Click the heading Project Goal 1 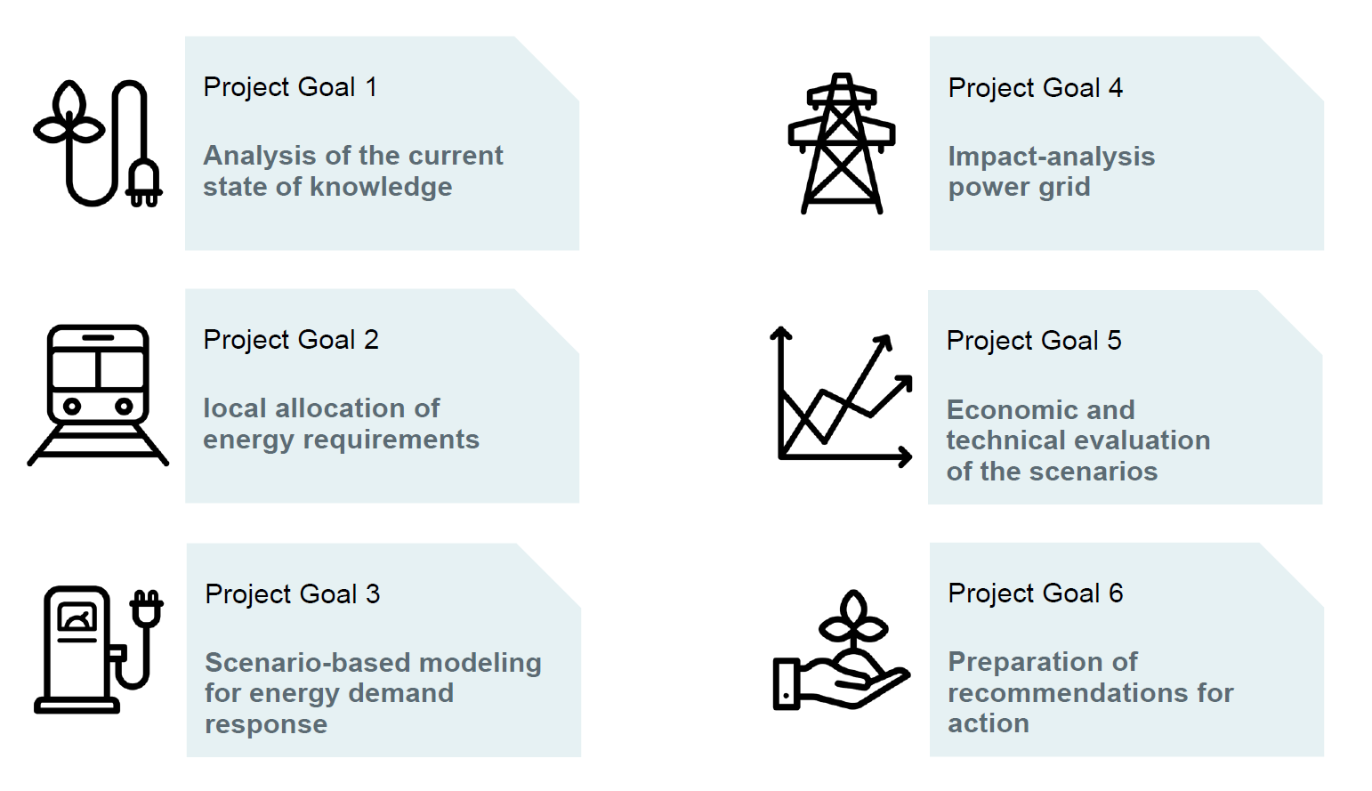coord(290,87)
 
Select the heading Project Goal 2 coord(291,339)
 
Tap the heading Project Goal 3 coord(292,593)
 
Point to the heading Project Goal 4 coord(1035,87)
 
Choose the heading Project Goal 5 coord(1034,341)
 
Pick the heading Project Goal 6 coord(1035,593)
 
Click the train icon coord(98,395)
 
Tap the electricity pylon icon coord(842,143)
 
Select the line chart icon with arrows coord(841,397)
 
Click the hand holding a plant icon coord(842,650)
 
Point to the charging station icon coord(98,650)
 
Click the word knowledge coord(380,188)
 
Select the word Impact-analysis coord(1051,157)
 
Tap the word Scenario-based coord(307,663)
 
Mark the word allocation coord(341,408)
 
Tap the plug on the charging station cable coord(147,609)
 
